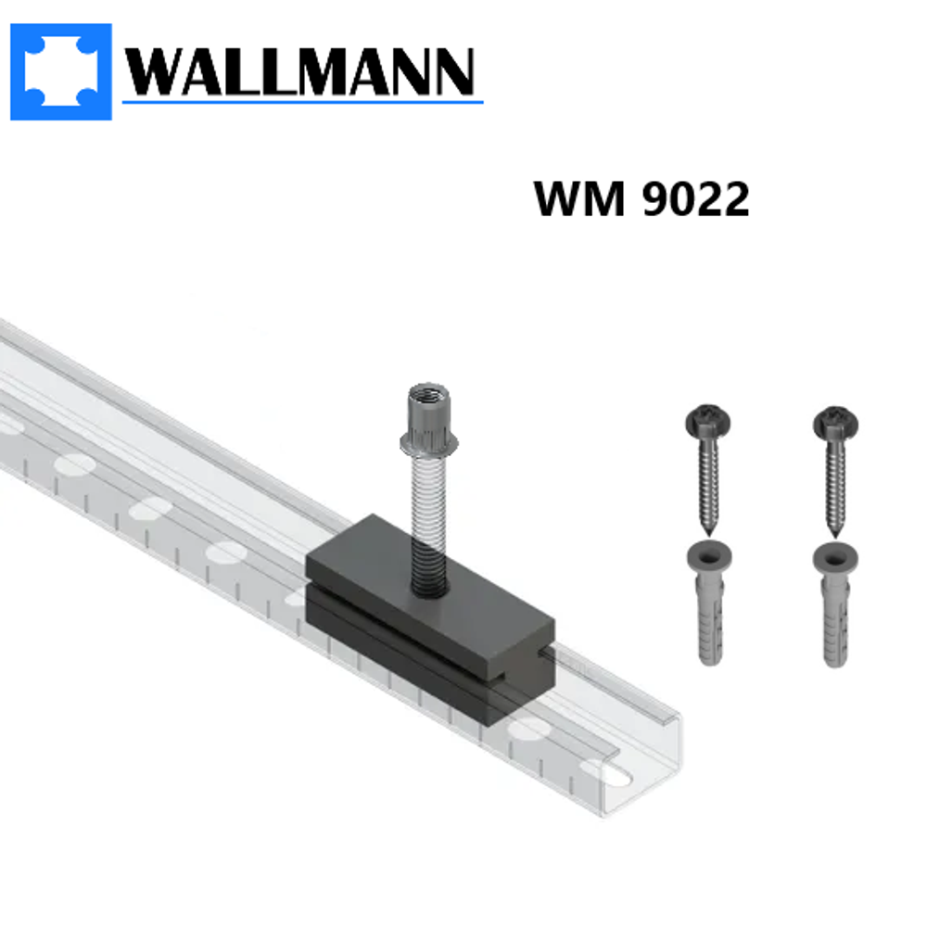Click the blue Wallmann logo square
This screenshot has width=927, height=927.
pos(61,71)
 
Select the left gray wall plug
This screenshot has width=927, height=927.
pos(709,603)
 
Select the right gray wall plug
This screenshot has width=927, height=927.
pos(835,603)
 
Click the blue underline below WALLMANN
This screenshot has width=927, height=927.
pos(301,100)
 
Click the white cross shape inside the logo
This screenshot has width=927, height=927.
pos(61,71)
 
